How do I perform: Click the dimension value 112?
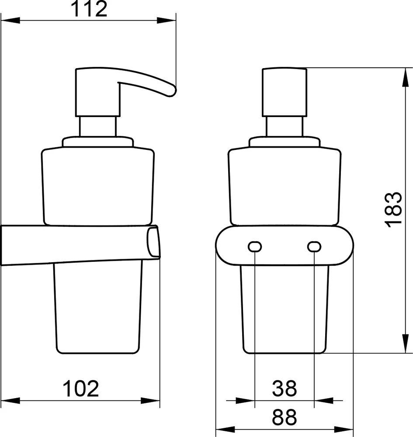click(x=89, y=9)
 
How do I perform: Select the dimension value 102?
click(x=81, y=388)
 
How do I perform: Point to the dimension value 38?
click(x=284, y=388)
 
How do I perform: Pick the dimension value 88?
click(x=284, y=417)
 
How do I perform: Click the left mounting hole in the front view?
click(x=255, y=247)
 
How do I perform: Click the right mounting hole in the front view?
click(x=314, y=247)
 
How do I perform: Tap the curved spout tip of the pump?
click(x=171, y=91)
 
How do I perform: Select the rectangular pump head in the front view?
click(x=284, y=92)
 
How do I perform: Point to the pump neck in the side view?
click(x=97, y=127)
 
